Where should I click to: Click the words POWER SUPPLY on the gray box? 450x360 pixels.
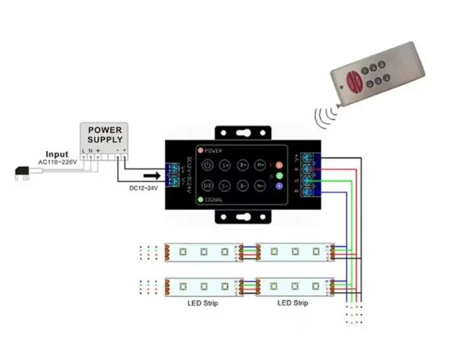click(105, 135)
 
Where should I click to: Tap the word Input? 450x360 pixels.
click(56, 154)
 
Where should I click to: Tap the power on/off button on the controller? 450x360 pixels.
click(207, 165)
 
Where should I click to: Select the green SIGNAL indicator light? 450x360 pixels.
click(201, 198)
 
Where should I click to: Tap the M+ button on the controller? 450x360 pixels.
click(261, 165)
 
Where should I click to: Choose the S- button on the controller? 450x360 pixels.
click(225, 186)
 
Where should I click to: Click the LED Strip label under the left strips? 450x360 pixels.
click(203, 303)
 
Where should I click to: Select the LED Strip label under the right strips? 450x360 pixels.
click(292, 303)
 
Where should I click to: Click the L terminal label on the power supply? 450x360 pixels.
click(83, 151)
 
